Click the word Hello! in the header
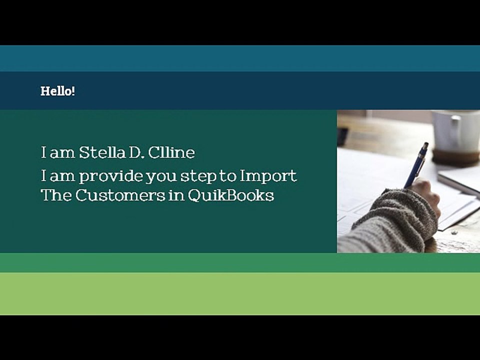pos(57,91)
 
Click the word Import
pos(268,176)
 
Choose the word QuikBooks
pos(230,195)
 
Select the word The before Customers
pos(56,195)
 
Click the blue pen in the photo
pos(416,164)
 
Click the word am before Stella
pos(62,152)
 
